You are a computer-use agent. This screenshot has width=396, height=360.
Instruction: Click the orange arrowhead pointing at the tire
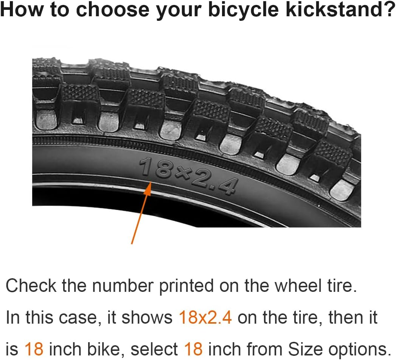click(x=148, y=188)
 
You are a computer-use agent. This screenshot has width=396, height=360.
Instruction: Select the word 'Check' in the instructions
click(x=31, y=286)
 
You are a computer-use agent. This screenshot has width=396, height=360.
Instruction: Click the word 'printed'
click(x=185, y=287)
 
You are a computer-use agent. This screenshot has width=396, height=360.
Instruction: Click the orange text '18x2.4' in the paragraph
click(x=205, y=317)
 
